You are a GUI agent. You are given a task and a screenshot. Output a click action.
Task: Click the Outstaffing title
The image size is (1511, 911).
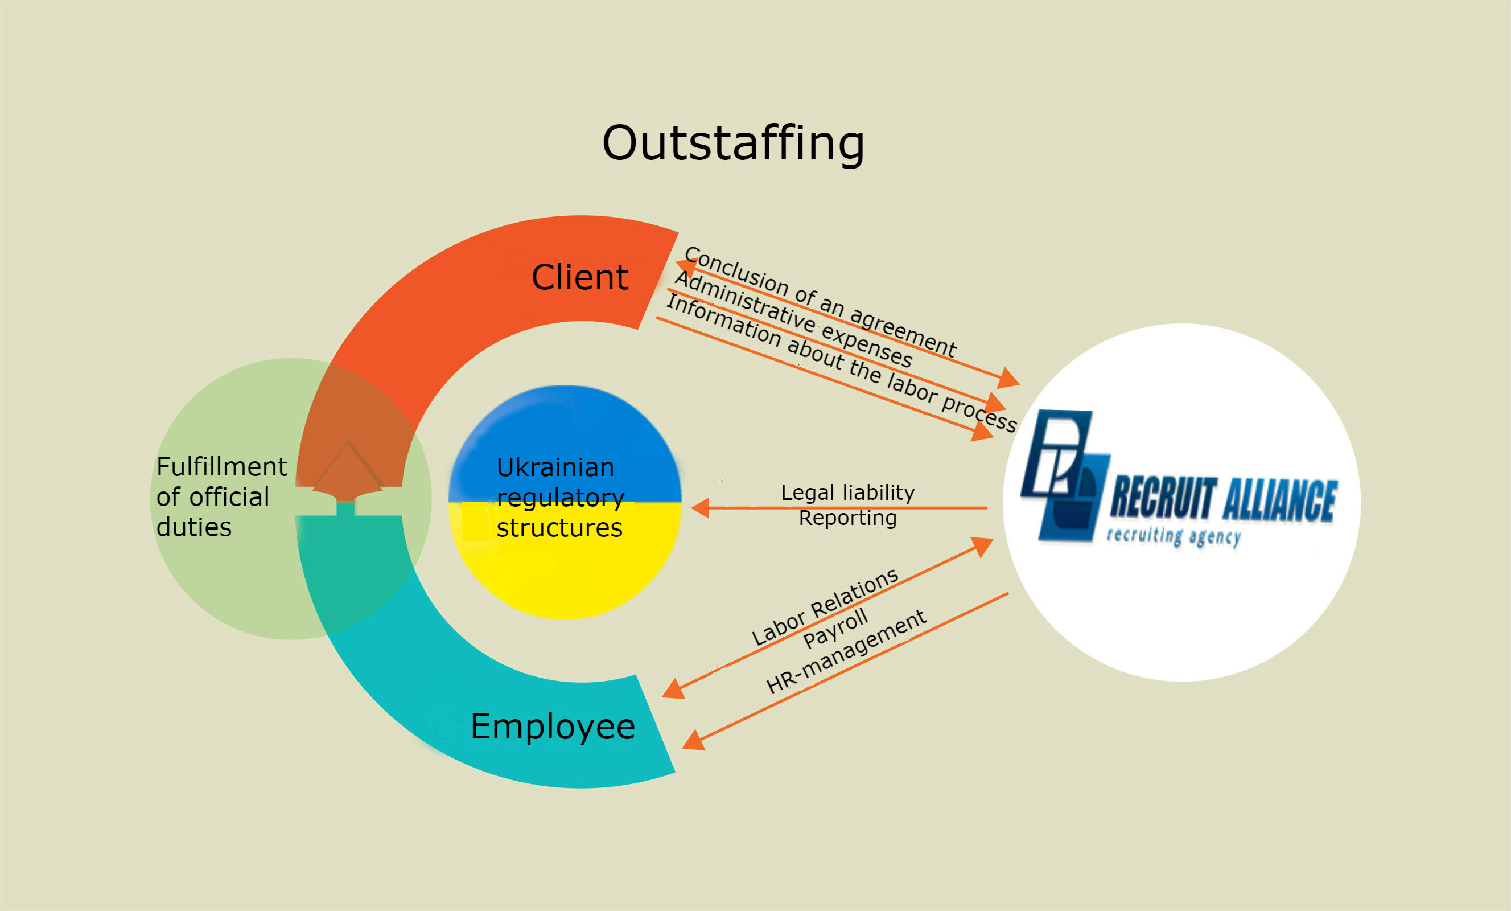(733, 143)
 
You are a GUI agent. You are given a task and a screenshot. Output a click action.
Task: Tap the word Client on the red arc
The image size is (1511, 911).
(579, 277)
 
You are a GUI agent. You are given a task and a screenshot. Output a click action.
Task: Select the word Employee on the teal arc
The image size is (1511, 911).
(553, 727)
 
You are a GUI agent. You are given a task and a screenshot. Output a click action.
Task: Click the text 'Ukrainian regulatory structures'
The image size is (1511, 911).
(559, 498)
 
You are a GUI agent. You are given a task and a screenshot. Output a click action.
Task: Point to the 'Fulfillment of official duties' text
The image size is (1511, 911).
(221, 497)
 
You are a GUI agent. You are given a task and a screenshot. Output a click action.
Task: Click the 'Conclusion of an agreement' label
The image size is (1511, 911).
(820, 301)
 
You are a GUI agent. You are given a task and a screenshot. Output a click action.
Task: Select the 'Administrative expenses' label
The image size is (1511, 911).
(793, 319)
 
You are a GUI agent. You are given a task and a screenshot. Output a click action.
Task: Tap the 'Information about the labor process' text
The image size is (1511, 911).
(841, 363)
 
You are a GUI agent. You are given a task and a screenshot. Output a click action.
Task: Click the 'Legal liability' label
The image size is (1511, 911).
(847, 493)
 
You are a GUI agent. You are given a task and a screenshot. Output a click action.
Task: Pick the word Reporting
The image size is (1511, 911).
(847, 518)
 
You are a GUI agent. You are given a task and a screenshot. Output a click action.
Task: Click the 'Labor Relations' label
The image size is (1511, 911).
(825, 607)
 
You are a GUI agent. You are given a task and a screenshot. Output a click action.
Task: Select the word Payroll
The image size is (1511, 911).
(835, 628)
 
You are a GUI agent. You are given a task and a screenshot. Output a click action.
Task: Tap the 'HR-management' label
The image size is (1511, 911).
(846, 651)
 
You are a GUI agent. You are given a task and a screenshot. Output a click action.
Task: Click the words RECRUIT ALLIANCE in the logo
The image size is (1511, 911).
(1224, 499)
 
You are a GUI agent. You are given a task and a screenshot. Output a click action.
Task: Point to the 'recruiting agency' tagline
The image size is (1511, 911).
(1174, 536)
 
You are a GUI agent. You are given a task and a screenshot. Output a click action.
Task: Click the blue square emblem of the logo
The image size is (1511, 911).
(1064, 475)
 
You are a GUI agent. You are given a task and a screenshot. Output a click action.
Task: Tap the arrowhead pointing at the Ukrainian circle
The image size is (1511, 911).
(701, 508)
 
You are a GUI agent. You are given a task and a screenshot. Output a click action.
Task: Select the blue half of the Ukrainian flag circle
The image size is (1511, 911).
(564, 429)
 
